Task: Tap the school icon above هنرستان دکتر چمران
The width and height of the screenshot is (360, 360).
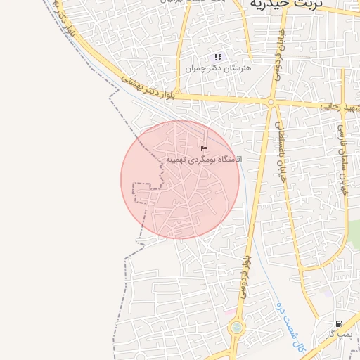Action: tap(218, 58)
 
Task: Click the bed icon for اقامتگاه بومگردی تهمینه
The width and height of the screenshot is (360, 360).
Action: tap(205, 148)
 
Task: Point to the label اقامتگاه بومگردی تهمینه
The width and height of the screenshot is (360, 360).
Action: tap(204, 160)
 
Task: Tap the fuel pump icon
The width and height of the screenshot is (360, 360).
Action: tap(340, 324)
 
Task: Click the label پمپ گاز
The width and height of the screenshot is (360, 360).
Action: tap(339, 334)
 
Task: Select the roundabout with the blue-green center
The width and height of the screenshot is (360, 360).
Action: tap(236, 327)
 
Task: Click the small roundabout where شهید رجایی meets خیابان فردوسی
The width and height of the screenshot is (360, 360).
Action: tap(271, 103)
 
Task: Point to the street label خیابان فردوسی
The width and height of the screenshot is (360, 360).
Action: tap(278, 53)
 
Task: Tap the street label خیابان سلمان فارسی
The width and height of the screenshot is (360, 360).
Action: tap(340, 148)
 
